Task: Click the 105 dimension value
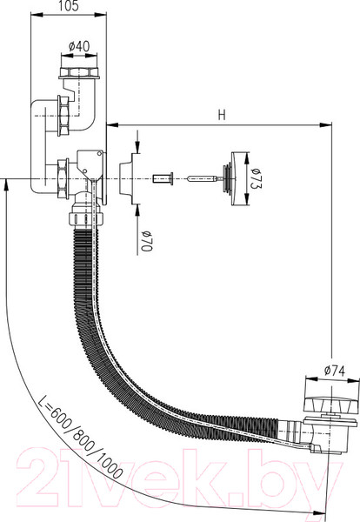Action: (69, 6)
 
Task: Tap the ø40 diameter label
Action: (79, 46)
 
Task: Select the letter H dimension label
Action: (222, 115)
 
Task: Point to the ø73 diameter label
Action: (257, 178)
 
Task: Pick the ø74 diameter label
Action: (335, 371)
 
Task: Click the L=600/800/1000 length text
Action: (80, 438)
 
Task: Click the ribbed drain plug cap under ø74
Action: (332, 404)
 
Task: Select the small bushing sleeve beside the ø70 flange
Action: (163, 178)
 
